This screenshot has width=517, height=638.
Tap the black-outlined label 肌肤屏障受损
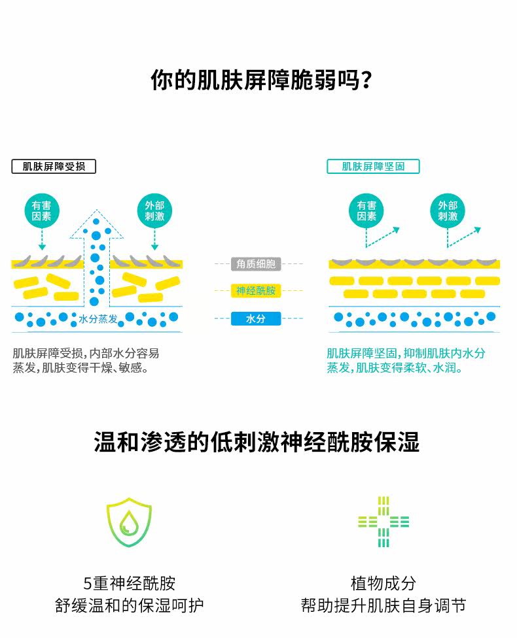pos(54,166)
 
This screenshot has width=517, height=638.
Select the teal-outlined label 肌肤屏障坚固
pos(373,166)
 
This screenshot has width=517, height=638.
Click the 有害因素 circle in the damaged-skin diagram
pos(42,211)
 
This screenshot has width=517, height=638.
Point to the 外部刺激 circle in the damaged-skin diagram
pos(154,211)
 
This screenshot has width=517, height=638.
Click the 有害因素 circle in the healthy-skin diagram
pos(366,211)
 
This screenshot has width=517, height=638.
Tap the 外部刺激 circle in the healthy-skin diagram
pos(448,211)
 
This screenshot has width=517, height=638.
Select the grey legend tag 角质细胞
pos(256,264)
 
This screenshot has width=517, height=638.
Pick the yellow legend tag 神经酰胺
pos(256,291)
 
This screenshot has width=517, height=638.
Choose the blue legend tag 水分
pos(256,319)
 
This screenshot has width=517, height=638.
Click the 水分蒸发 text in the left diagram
pos(98,319)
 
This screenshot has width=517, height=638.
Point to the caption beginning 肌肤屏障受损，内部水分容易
pos(86,361)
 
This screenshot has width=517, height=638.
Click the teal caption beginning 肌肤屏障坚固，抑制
pos(406,361)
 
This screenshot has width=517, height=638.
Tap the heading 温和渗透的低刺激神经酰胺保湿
pos(257,443)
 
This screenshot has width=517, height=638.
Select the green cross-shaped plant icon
pos(383,522)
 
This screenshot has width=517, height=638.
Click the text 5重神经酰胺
pos(130,583)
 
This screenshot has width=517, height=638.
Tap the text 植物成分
pos(383,583)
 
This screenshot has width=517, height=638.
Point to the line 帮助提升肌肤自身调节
pos(383,605)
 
